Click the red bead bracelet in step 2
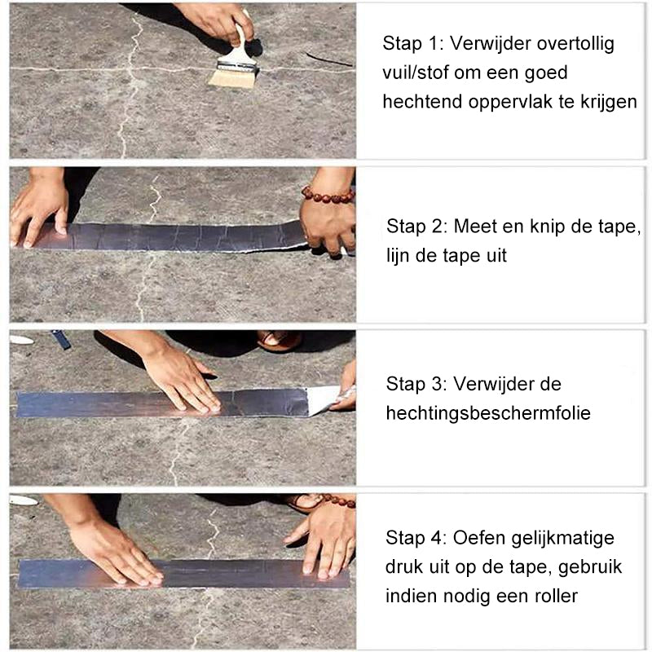coord(328,196)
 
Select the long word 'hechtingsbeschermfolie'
coord(488,413)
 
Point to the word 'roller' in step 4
coord(553,596)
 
